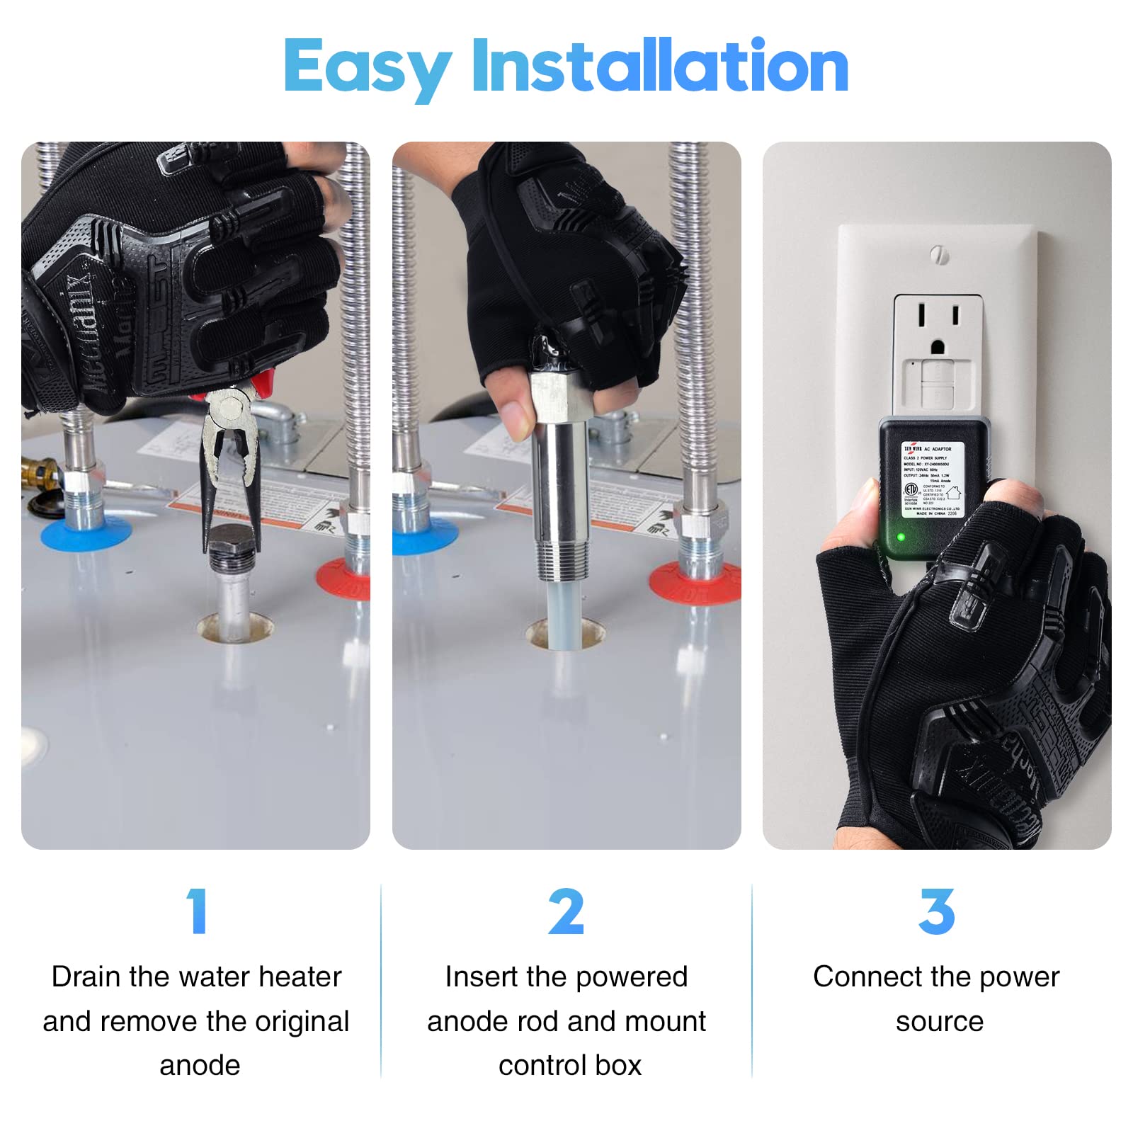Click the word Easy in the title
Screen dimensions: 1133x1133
tap(367, 67)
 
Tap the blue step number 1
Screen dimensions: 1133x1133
tap(198, 912)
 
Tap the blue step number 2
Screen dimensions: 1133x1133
tap(566, 912)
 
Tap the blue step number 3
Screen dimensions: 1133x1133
tap(936, 912)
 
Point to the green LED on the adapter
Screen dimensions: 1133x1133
tap(901, 537)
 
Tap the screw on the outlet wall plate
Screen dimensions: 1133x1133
tap(939, 255)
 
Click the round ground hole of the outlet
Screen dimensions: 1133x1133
tap(938, 347)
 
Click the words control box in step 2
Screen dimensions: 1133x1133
tap(569, 1065)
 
